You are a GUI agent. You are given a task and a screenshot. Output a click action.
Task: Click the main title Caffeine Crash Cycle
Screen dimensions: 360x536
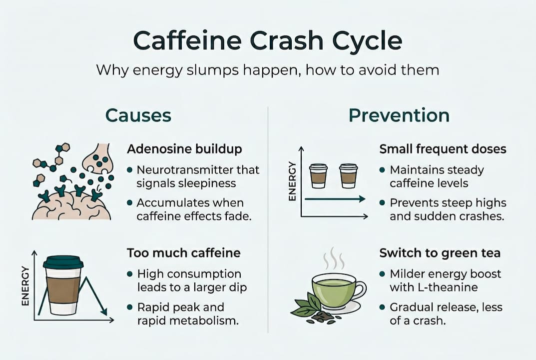(268, 41)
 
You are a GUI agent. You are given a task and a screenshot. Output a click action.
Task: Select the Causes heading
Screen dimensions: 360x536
(138, 115)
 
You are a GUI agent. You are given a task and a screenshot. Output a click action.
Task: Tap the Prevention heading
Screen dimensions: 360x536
(399, 115)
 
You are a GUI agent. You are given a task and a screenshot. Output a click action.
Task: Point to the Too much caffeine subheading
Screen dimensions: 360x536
(183, 253)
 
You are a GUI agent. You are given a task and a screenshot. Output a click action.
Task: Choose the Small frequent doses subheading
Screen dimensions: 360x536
(443, 149)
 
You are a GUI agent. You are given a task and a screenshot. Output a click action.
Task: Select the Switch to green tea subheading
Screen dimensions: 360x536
(440, 253)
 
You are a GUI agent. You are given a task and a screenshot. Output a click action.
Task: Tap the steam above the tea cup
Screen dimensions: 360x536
(333, 260)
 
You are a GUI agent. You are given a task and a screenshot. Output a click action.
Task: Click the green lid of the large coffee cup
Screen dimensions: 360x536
(63, 262)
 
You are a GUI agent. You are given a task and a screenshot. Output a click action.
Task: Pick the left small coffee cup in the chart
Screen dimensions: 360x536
(318, 175)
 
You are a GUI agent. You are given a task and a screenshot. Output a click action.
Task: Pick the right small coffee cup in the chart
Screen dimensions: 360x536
(348, 175)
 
